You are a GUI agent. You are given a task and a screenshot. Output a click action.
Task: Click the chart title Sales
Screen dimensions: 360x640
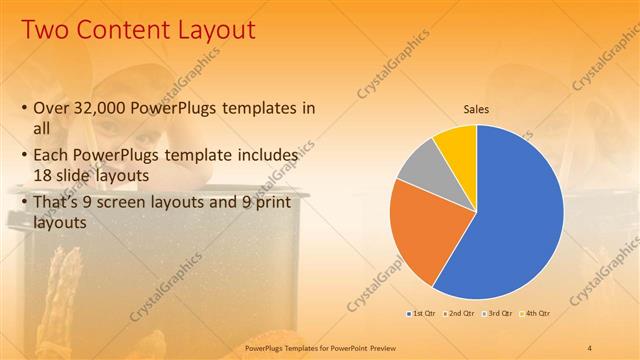pos(476,109)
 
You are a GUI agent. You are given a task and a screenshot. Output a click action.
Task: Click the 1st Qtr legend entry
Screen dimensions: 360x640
pos(421,313)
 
